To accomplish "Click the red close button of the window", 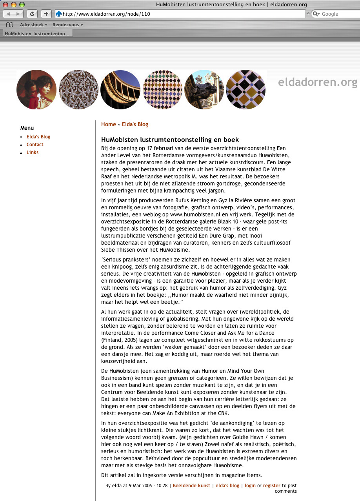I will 5,5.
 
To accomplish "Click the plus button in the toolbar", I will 46,14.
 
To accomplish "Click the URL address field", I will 180,14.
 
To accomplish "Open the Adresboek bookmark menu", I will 33,25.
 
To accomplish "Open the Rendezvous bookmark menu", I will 67,25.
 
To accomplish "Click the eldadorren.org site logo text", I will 318,82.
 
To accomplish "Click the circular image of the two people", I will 36,90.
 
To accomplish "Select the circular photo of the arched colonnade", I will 120,90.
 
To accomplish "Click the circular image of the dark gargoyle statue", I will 204,90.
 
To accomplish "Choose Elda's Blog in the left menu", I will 38,137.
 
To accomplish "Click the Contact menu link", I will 35,145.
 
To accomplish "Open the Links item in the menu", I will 33,152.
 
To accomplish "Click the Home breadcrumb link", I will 109,124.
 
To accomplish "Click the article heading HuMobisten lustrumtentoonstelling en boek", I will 170,140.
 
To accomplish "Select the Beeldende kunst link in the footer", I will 191,486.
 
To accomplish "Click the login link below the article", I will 250,486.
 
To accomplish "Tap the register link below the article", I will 272,486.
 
